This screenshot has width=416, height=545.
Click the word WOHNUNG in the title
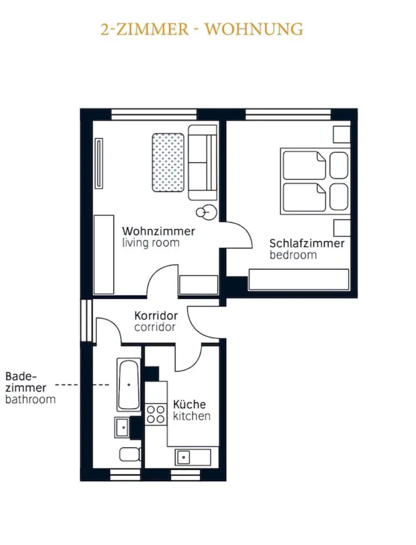(254, 29)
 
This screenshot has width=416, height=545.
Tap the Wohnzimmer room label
(158, 231)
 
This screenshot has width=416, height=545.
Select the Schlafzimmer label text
(307, 243)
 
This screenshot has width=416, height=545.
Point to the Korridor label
(156, 316)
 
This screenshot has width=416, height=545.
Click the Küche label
(189, 404)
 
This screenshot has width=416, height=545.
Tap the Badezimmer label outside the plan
(26, 382)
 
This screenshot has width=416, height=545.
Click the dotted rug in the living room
(168, 162)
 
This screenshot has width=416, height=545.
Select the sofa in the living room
(203, 162)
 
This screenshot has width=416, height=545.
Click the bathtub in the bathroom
(129, 384)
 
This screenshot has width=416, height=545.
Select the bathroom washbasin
(122, 427)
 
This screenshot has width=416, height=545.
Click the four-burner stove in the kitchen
(156, 414)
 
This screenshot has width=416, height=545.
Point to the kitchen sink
(183, 457)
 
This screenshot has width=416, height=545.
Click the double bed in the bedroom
(315, 181)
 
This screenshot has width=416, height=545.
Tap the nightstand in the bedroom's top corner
(342, 135)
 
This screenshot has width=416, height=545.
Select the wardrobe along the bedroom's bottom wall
(298, 280)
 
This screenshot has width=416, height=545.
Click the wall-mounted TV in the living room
(99, 163)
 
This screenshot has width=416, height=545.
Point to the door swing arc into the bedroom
(243, 232)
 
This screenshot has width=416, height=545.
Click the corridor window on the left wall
(87, 320)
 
